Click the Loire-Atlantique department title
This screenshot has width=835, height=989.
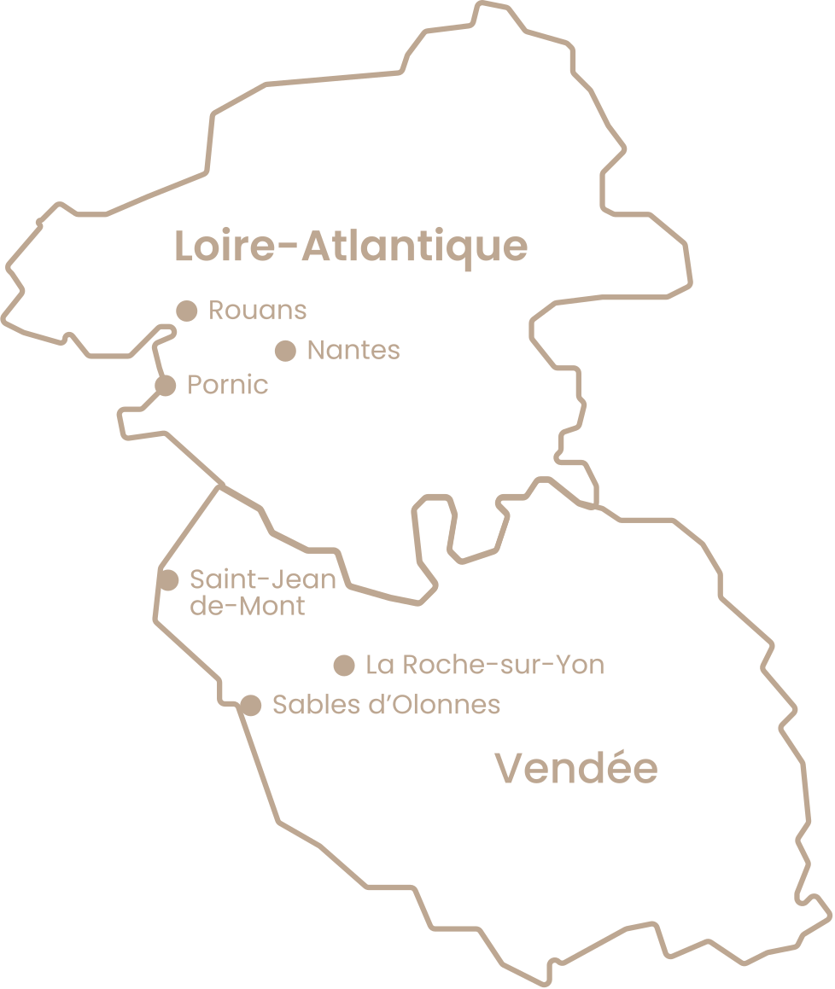pyautogui.click(x=351, y=247)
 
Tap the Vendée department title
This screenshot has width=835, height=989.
pyautogui.click(x=577, y=769)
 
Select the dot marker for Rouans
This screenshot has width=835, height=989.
pyautogui.click(x=187, y=311)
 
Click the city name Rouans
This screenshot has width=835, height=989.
pyautogui.click(x=257, y=311)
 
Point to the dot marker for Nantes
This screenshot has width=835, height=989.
pyautogui.click(x=285, y=350)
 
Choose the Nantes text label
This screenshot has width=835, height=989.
pyautogui.click(x=353, y=350)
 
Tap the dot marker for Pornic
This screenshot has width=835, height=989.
pyautogui.click(x=166, y=386)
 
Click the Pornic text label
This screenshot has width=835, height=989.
pyautogui.click(x=227, y=386)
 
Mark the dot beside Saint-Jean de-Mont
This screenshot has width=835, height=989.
pyautogui.click(x=169, y=580)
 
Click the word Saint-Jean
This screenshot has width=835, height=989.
pyautogui.click(x=262, y=580)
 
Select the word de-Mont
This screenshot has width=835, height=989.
pyautogui.click(x=247, y=607)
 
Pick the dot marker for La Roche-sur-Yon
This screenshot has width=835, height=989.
pyautogui.click(x=344, y=665)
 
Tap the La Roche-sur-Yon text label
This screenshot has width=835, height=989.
pyautogui.click(x=484, y=665)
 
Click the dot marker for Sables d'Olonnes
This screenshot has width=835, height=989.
pyautogui.click(x=250, y=705)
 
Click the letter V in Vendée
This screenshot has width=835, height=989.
pyautogui.click(x=510, y=769)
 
